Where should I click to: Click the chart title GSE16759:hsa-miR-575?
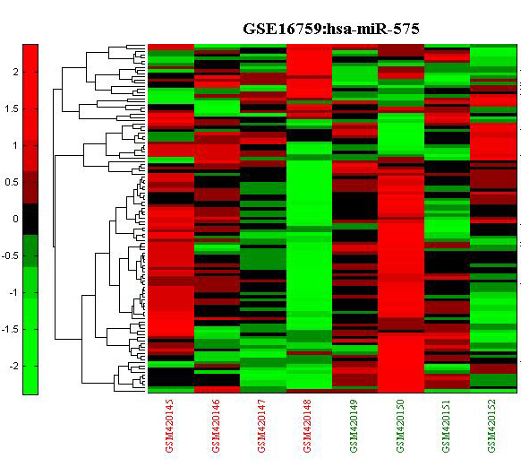pos(331,29)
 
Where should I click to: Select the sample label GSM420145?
pos(169,426)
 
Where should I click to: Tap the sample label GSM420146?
pos(216,426)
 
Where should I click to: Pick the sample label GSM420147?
pos(261,426)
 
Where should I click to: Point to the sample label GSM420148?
pos(308,426)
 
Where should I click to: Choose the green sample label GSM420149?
pos(354,426)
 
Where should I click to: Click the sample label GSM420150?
pos(400,426)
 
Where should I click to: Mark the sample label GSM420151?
pos(446,426)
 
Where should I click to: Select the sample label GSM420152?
pos(492,426)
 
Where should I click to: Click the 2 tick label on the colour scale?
pos(15,72)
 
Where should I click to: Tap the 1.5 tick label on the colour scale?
pos(12,108)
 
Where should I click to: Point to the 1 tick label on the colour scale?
pos(15,146)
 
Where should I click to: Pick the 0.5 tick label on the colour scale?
pos(12,182)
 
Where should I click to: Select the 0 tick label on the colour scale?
pos(15,220)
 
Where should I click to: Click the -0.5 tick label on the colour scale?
pos(10,255)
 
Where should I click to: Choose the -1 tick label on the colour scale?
pos(13,293)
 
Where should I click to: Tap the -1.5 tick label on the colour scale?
pos(10,329)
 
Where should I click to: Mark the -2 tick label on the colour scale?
pos(13,367)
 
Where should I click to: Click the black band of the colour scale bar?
pos(30,220)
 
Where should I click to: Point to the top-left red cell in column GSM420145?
pos(171,47)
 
